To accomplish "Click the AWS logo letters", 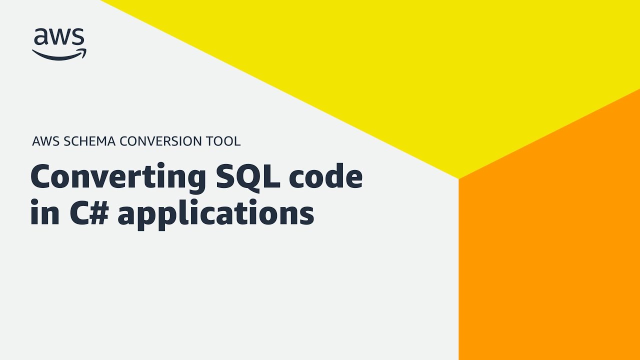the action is click(59, 36).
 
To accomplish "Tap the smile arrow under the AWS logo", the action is click(59, 55).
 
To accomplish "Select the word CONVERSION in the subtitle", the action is click(160, 141).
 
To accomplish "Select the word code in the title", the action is click(326, 175).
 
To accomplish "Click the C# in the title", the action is click(89, 212).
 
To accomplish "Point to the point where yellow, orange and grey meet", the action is click(458, 179).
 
